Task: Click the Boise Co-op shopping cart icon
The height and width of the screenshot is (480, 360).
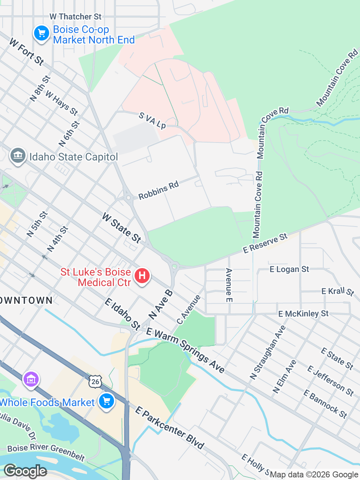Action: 42,34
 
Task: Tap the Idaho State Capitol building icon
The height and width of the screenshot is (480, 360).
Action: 18,156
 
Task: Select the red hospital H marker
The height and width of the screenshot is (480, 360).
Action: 142,276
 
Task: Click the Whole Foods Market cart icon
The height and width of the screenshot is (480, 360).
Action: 106,401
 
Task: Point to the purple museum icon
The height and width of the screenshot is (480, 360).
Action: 31,379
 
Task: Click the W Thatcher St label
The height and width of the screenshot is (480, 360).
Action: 75,16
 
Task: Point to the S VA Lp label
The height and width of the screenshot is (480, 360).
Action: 152,120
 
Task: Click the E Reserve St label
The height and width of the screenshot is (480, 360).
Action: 265,243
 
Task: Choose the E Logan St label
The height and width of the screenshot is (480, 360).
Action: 289,269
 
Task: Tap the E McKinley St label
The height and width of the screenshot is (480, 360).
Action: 303,313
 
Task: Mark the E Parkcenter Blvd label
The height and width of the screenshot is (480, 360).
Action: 169,427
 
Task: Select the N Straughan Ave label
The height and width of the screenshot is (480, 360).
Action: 268,352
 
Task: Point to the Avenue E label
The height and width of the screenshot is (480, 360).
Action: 229,285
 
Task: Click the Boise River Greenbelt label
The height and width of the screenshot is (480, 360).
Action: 46,451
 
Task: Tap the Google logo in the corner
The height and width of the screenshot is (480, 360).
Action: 25,471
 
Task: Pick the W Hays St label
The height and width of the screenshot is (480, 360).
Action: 61,103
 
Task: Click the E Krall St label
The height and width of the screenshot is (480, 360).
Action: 337,291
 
